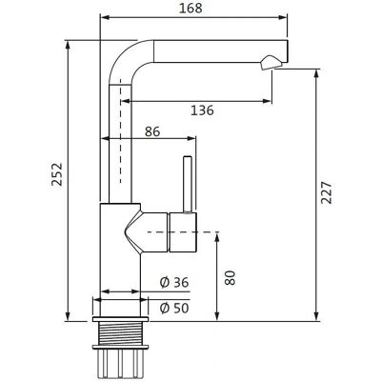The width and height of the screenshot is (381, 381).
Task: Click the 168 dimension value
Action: pos(190,8)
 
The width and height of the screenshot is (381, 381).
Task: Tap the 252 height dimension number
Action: pos(57,174)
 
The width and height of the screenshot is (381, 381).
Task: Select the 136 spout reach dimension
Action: pos(202,110)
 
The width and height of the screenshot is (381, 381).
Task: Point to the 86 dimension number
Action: pos(152,131)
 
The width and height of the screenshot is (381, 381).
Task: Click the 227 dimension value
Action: pos(326,192)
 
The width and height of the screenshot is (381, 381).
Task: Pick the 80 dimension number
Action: pos(230,278)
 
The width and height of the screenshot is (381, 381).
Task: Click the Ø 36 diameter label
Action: pos(174,282)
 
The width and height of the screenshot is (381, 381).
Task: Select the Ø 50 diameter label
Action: pos(174,308)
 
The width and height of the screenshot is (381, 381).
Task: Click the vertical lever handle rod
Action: pos(188,184)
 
